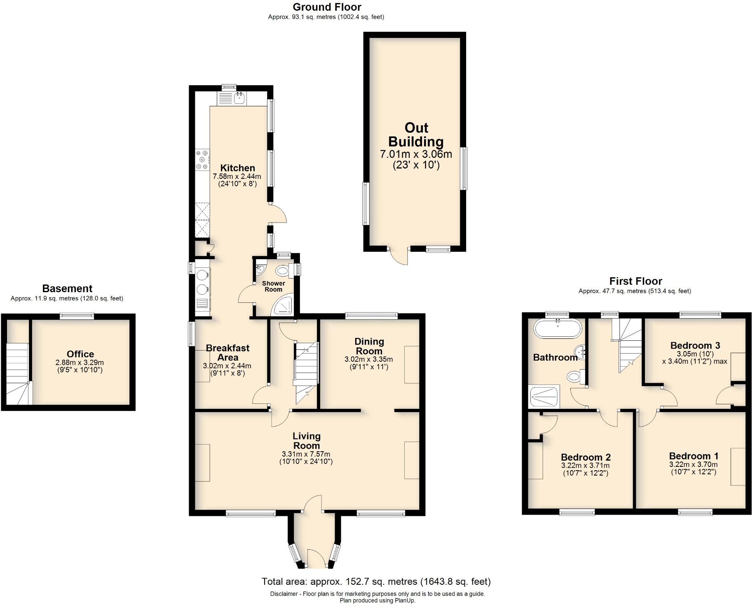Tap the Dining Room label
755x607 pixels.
click(369, 346)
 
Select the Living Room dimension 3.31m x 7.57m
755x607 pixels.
click(306, 454)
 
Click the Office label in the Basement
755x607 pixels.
click(80, 354)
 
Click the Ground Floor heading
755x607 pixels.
click(327, 7)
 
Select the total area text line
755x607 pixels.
click(376, 581)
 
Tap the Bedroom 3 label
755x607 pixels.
click(695, 345)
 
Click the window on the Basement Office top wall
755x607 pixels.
click(77, 316)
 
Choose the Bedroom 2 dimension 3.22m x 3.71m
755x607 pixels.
click(585, 466)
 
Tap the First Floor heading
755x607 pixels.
click(635, 281)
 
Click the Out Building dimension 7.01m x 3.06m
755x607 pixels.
click(416, 155)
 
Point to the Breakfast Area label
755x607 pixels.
click(227, 352)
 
